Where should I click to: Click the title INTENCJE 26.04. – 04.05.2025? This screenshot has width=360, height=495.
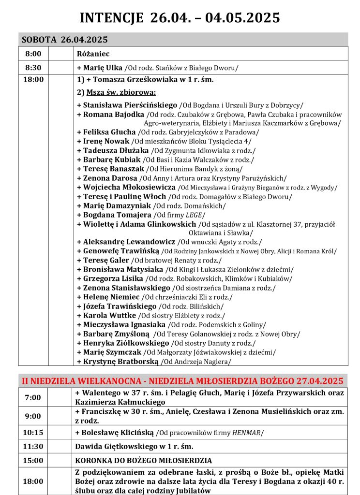[180, 18]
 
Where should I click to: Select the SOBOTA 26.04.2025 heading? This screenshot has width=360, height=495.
[64, 40]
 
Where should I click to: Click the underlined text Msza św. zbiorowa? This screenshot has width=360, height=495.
[123, 92]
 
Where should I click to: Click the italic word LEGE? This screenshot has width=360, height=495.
[196, 215]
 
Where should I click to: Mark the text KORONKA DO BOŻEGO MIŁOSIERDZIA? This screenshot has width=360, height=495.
[143, 461]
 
